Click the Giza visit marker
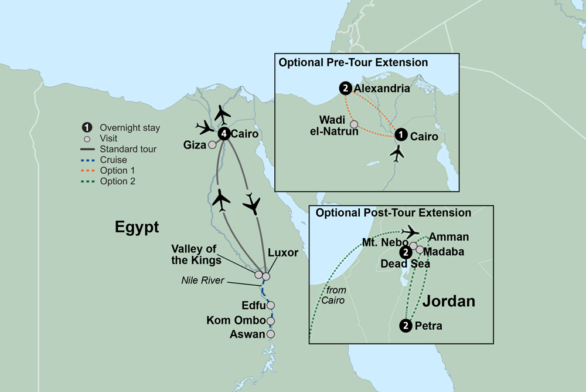pos(212,144)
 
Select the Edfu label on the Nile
pos(254,305)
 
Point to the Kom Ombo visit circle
pos(270,321)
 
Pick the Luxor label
pos(282,254)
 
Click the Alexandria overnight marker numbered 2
pos(345,89)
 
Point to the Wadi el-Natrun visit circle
pos(354,124)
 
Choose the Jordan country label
pos(448,302)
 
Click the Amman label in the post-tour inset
pos(449,237)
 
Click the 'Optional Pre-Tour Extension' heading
pos(353,62)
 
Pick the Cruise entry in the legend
pos(113,160)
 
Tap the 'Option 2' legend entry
pos(118,181)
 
